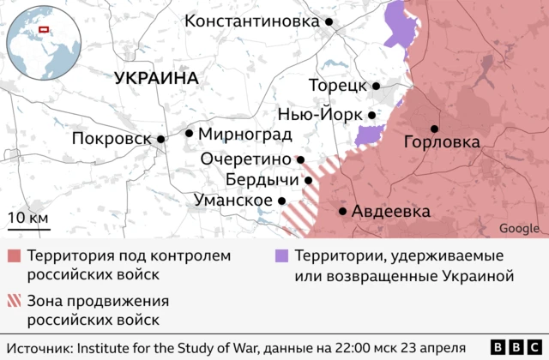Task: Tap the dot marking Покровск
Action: (160, 139)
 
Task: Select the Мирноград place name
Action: (244, 134)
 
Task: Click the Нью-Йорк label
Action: (320, 114)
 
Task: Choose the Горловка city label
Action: (441, 142)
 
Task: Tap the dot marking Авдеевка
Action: (343, 211)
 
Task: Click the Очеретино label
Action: (247, 159)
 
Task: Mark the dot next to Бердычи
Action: (308, 180)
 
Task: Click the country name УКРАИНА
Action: (156, 78)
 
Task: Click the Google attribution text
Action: (519, 228)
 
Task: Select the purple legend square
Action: (281, 256)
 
